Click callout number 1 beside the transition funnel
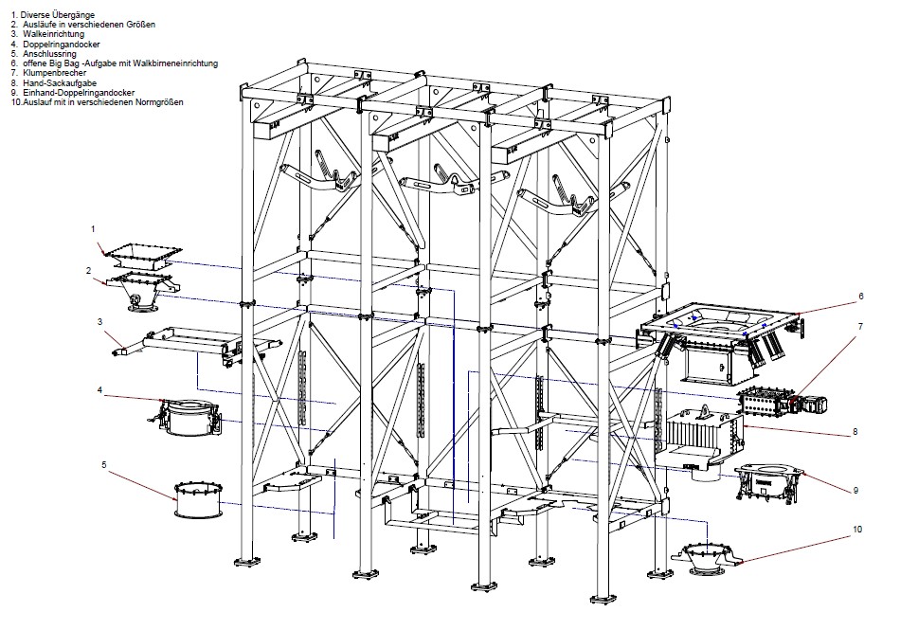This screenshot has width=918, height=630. pyautogui.click(x=94, y=229)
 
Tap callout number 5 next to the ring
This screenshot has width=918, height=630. pyautogui.click(x=104, y=464)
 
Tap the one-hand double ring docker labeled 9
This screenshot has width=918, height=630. pyautogui.click(x=769, y=480)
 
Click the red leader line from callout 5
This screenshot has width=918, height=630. pyautogui.click(x=142, y=478)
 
